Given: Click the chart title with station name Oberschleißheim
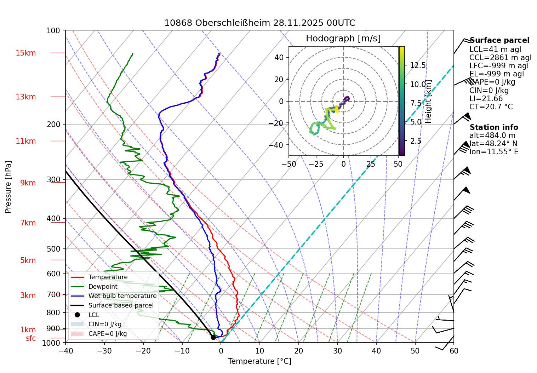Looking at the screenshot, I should pos(259,23).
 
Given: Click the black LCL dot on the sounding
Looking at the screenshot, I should pos(213,337).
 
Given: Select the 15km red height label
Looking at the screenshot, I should pos(25,53).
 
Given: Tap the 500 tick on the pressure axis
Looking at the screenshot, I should pos(53,249).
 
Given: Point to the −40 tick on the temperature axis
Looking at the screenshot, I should pos(65,351).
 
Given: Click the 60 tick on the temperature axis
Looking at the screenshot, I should pos(454,351).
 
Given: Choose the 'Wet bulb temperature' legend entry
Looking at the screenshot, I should pos(122,296).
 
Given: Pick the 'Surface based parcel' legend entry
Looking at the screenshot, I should pos(121,305).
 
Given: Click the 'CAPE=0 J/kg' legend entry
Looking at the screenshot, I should pos(107,334).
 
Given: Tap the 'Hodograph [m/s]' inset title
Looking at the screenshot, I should pos(343,39).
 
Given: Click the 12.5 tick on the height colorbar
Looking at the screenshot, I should pos(418,65).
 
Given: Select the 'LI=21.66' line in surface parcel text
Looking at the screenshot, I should pos(486,99).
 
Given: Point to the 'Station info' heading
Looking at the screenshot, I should pos(494,127).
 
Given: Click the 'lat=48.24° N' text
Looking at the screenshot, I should pos(493,144).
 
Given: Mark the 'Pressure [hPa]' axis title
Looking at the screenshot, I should pos(8,187).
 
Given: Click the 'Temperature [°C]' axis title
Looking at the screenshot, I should pos(259,361).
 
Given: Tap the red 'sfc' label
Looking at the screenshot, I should pos(31,338).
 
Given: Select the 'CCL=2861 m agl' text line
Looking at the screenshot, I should pos(500,58).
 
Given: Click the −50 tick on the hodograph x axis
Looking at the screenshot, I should pos(289,164).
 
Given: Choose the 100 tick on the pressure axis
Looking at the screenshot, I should pos(53,30).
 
